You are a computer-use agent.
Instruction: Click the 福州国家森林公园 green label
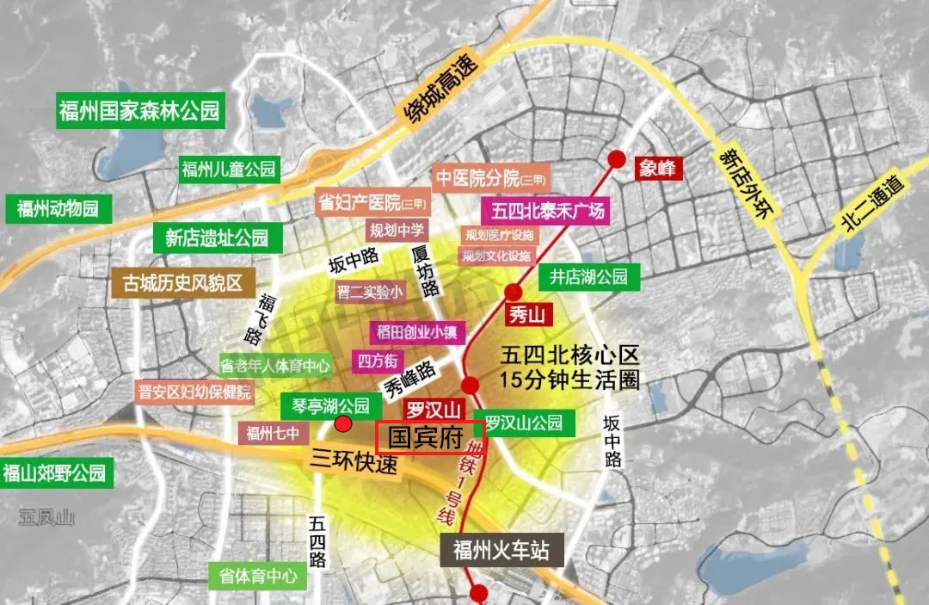140,111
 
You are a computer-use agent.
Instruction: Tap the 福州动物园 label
58,208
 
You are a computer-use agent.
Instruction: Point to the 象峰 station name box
658,169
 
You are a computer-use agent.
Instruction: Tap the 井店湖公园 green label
589,277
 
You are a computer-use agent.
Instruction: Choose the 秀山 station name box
526,314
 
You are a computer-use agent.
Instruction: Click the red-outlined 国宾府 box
431,437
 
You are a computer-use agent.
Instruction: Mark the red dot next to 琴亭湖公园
343,423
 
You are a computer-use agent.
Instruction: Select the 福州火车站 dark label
501,549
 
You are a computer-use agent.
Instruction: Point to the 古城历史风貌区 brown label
182,281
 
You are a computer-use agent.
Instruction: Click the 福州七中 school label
273,433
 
